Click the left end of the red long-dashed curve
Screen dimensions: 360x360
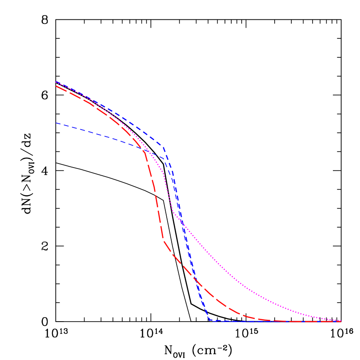(x=56, y=86)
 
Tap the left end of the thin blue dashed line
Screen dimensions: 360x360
(x=56, y=123)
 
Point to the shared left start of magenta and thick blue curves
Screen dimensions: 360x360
(x=56, y=82)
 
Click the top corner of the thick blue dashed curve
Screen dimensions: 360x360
(x=163, y=146)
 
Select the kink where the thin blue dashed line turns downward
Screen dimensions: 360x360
(x=165, y=159)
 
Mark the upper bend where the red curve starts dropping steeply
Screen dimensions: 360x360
(x=145, y=152)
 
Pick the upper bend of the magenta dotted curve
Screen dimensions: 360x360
(x=164, y=173)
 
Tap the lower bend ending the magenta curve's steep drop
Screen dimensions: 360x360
(x=173, y=212)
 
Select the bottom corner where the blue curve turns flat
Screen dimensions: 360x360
(x=210, y=320)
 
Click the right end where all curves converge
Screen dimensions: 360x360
(x=341, y=321)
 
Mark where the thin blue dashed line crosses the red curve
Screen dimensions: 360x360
(x=143, y=148)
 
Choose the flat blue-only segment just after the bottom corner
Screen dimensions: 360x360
(x=226, y=321)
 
